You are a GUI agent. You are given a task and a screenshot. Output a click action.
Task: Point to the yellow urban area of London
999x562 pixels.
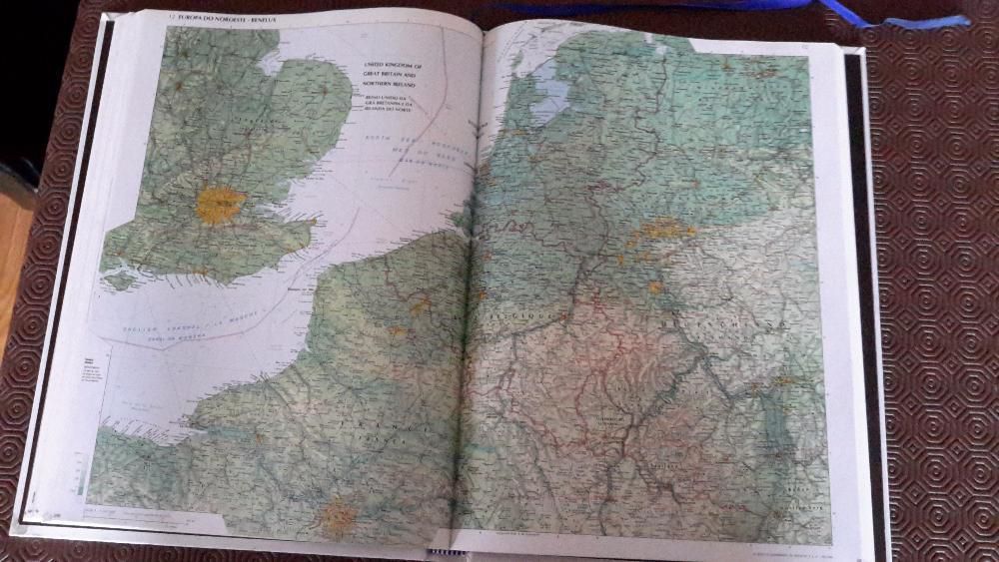coord(220,204)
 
